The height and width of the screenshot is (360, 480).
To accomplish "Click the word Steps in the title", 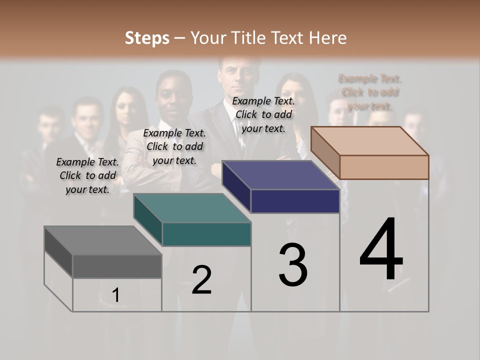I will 147,38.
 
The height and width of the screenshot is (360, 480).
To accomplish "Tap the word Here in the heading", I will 327,38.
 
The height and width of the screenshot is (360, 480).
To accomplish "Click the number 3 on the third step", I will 293,265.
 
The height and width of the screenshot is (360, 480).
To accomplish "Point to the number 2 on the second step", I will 201,280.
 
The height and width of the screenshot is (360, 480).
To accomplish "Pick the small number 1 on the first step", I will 115,295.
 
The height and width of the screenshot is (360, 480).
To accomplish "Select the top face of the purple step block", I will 280,175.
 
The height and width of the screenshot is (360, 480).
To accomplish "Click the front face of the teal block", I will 206,234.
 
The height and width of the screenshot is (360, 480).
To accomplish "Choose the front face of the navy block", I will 295,201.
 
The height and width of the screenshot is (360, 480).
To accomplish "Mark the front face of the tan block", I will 384,167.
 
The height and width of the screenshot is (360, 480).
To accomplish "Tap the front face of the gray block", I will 117,266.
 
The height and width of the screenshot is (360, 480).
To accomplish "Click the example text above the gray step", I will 87,175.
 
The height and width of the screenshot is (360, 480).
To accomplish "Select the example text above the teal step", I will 174,146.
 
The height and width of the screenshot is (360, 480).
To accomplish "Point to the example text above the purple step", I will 263,114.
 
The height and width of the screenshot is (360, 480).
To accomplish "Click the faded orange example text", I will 370,92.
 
